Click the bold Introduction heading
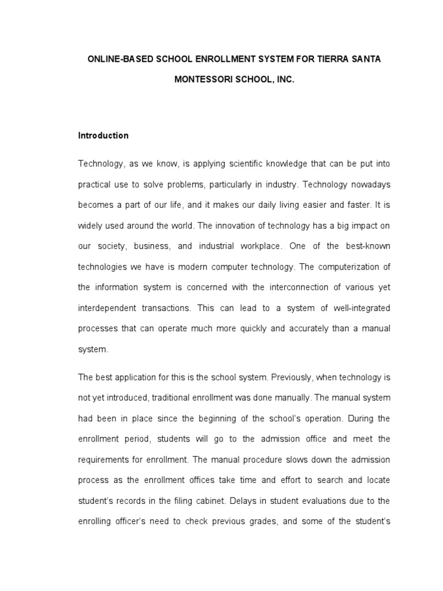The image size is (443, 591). click(103, 136)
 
